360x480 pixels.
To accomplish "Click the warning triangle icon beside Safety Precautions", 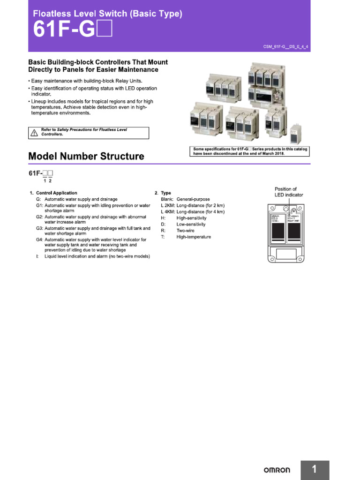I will tap(34, 133).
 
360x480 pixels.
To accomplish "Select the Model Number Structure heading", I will tap(86, 156).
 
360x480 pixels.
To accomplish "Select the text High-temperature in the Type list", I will tap(194, 237).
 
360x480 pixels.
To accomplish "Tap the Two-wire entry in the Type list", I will tap(186, 231).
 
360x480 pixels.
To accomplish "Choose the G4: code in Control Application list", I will tap(39, 240).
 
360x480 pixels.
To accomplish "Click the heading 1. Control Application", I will tap(53, 193).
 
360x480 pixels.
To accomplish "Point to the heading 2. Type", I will tap(163, 193).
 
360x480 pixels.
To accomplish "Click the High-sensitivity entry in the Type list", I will tap(191, 218).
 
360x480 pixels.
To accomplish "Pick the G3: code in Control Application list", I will tap(39, 228).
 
